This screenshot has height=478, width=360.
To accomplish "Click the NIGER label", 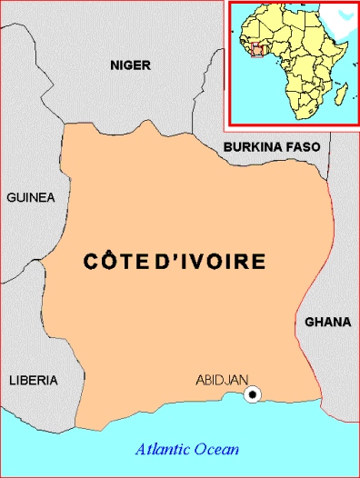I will coord(130,65).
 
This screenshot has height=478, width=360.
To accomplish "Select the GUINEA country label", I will coord(31,197).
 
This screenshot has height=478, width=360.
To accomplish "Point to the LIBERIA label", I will coord(33,379).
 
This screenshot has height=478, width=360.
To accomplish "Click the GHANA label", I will coord(327,322).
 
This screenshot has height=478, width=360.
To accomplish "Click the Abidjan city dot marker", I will coord(254,393).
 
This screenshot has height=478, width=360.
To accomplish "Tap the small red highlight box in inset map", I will coord(263,51).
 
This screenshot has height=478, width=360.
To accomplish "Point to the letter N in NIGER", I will coord(114,65).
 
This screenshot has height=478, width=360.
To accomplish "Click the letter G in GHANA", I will coord(310,322).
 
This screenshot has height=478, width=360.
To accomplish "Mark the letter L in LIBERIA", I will coord(11,379).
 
